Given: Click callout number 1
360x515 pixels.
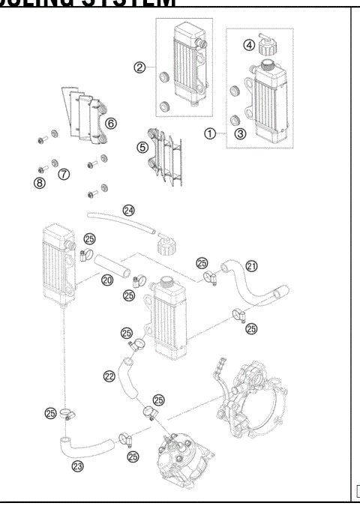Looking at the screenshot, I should coord(211,135).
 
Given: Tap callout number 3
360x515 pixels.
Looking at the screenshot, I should coord(240,134).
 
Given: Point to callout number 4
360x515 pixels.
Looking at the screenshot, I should coord(249,45).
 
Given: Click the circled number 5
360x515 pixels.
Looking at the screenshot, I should coord(142,147).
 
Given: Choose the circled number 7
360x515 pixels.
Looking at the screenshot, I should coord(64,174).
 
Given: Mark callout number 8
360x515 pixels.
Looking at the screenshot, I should coord(39,181).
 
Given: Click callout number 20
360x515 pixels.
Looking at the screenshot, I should coord(107,280).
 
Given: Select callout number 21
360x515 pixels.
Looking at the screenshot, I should coord(252,265).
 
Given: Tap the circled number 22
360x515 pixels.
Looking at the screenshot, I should coord(109,376).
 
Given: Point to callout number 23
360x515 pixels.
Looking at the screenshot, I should coord(77,465).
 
